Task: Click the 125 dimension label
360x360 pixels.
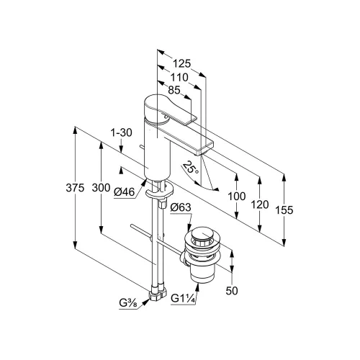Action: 181,63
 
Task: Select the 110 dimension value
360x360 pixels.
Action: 179,77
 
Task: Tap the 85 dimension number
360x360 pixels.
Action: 174,90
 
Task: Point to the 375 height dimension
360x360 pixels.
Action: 75,188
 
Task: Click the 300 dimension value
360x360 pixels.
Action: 101,188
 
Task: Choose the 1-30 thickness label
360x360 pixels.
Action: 121,132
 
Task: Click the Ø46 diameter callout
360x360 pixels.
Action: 125,192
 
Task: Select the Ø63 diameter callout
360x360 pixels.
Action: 181,207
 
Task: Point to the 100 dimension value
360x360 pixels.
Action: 237,197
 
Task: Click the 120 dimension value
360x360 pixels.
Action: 259,204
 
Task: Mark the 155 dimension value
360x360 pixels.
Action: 284,210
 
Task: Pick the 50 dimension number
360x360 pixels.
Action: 232,291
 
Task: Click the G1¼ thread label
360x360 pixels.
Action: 183,299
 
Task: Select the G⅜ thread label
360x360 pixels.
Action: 128,303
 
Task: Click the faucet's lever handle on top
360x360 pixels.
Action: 168,109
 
